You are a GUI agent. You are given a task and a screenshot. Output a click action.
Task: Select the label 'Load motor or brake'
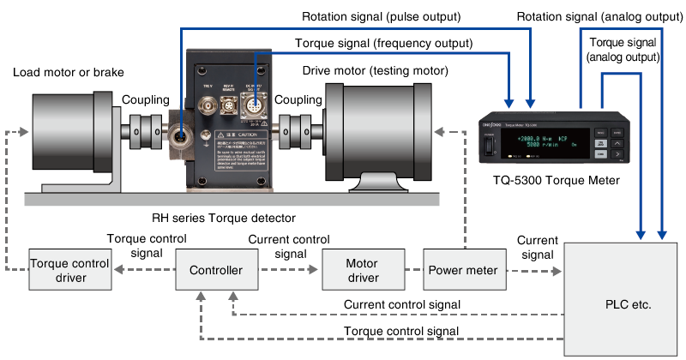point(69,72)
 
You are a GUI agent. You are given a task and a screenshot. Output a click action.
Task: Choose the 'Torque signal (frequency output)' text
point(383,43)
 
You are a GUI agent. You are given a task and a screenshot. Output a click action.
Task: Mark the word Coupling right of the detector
point(296,100)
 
